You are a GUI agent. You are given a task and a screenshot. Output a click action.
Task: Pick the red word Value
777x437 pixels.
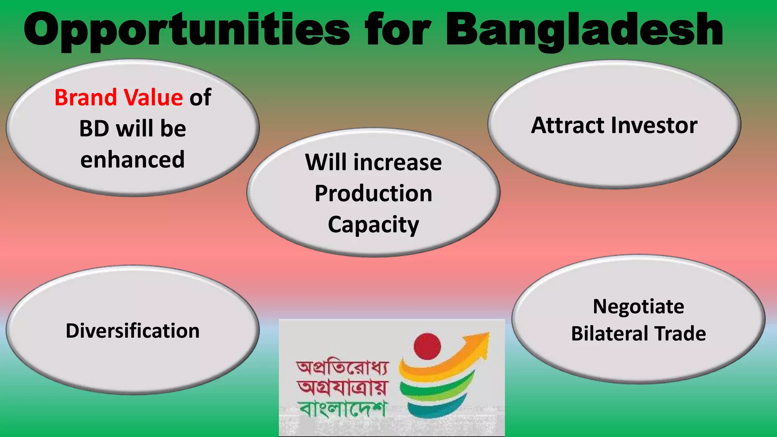click(154, 97)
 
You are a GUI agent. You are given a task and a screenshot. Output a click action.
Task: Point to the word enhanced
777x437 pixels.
click(132, 159)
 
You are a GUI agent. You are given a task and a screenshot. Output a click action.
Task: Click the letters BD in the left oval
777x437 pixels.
click(94, 129)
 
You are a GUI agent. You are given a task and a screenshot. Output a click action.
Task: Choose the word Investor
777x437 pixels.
click(654, 126)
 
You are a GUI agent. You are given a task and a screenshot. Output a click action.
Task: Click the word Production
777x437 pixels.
click(373, 193)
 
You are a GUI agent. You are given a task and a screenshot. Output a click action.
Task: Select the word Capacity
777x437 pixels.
click(373, 225)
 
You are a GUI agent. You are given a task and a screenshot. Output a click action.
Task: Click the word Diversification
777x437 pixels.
click(132, 331)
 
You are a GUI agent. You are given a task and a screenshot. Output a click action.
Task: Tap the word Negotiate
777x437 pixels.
click(639, 307)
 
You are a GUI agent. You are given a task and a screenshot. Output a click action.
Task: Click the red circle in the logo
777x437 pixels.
click(427, 346)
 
